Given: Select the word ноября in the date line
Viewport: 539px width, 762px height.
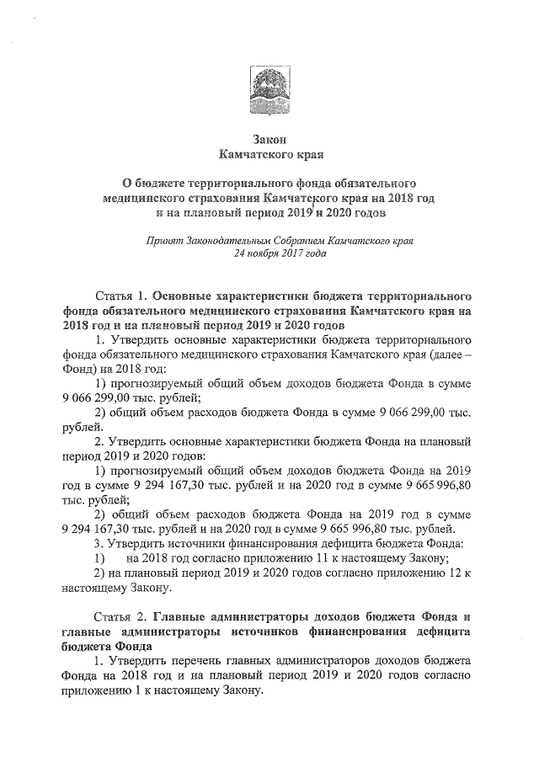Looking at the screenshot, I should [x=264, y=253].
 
